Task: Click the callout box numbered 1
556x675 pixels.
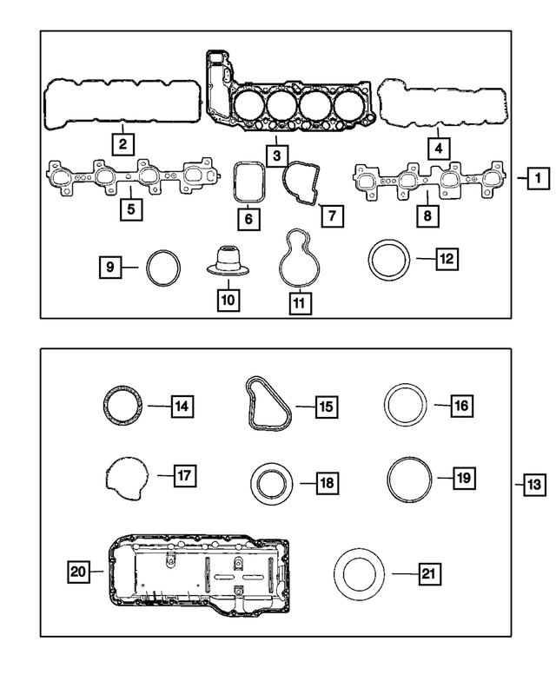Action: pos(539,178)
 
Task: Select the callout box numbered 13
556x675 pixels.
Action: pos(534,485)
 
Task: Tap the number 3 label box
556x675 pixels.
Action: pos(277,156)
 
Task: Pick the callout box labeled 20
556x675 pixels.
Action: pos(78,572)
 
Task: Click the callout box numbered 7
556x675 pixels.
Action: pos(332,215)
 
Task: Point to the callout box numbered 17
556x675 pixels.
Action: pos(185,476)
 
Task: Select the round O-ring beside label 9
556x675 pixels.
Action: pos(148,268)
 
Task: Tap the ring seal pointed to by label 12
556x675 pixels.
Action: pos(370,261)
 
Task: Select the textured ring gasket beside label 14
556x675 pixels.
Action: pos(105,406)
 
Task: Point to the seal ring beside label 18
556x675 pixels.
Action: pos(254,483)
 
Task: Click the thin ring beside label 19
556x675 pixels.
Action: pos(388,480)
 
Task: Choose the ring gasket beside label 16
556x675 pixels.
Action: pos(386,405)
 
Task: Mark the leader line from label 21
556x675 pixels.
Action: pos(405,574)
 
